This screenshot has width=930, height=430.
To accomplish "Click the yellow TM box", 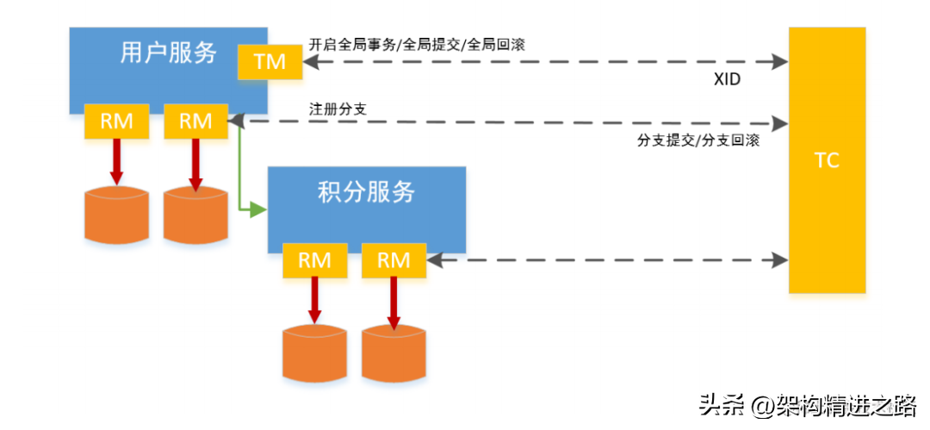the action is pos(270,61).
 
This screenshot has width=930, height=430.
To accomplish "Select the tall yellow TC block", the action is pos(827,160).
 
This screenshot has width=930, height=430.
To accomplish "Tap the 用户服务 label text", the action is pos(169,53).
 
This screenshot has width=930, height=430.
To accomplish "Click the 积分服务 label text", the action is pos(367,192).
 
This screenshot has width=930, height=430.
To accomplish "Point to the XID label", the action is pos(727,79).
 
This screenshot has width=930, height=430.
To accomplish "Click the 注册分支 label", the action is pos(334,109).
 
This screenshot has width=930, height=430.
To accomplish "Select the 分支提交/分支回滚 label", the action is pos(698,141).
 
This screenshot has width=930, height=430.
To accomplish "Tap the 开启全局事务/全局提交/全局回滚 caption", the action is pos(417,45).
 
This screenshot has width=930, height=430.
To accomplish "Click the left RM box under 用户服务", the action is pos(116,122).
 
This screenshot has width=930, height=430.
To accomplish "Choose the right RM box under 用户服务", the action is pos(195,122).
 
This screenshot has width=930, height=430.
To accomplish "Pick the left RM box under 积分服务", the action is pos(314,260).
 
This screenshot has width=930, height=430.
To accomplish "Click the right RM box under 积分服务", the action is pos(394,260).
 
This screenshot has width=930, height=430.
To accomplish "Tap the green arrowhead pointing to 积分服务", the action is pos(258,209).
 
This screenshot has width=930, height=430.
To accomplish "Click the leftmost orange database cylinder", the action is pos(116,215).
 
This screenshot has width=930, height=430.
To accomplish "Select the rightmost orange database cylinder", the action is pos(394,353).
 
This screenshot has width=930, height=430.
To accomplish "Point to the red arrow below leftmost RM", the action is pos(116,161).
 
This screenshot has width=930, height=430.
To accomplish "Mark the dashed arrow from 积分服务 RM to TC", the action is pos(607,259).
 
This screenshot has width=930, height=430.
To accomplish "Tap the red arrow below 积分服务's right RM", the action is pos(394,303).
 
